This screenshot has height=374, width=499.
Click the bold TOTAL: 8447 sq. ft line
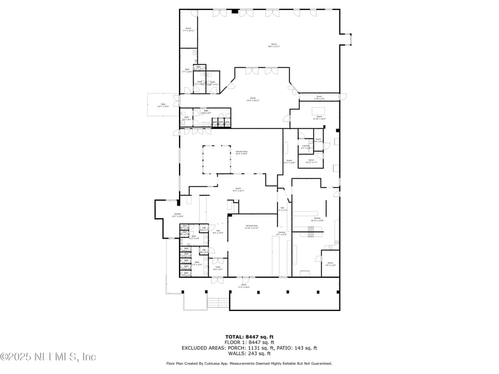(x=249, y=336)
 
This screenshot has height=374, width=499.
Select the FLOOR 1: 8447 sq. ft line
(x=249, y=342)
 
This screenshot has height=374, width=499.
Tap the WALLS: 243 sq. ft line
(x=249, y=354)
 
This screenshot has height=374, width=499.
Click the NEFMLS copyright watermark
(x=48, y=357)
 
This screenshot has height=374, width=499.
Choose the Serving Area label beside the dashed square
(x=241, y=151)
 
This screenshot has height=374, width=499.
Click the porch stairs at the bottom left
(x=216, y=303)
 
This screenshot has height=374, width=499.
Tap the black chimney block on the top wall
(x=235, y=11)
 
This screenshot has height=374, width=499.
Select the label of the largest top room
(x=273, y=45)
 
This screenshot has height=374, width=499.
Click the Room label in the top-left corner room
(x=188, y=29)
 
